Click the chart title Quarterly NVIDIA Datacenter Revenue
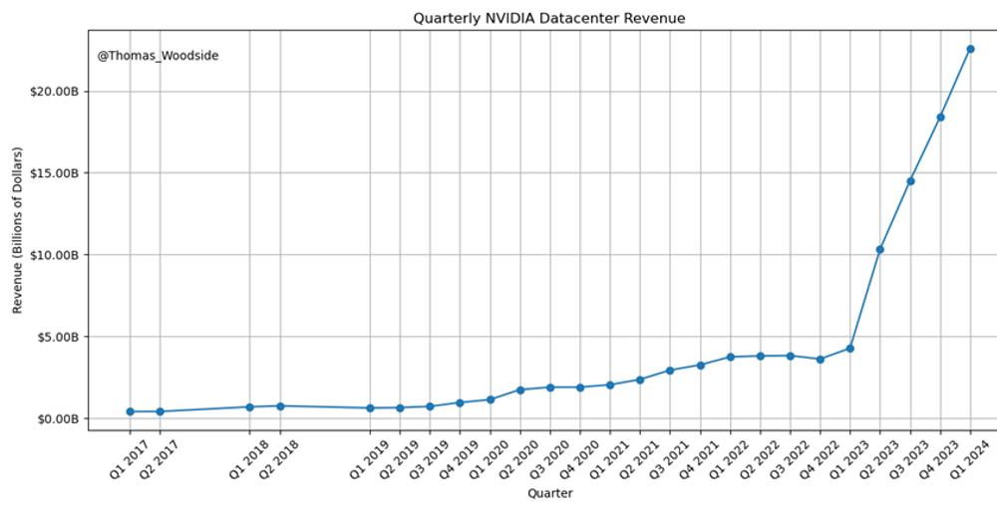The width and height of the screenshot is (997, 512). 548,18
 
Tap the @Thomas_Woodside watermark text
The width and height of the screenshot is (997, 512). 158,56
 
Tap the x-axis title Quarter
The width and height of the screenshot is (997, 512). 549,493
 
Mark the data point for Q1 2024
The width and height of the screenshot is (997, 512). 970,49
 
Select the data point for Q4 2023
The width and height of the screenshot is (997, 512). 940,118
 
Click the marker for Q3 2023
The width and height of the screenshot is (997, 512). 910,181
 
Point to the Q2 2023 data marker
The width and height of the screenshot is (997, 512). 879,249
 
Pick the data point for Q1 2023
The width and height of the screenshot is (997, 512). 849,349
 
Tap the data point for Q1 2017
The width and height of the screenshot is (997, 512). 130,411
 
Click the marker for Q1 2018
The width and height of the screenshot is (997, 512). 249,406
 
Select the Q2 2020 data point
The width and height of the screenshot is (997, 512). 519,389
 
